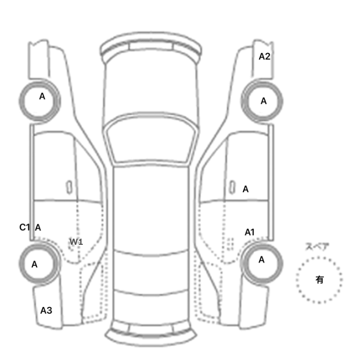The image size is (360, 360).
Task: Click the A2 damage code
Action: point(264,57)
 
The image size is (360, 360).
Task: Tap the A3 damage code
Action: point(46,311)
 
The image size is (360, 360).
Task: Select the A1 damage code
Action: point(249,232)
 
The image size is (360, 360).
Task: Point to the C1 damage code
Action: point(25,227)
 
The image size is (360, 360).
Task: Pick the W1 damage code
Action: point(76,242)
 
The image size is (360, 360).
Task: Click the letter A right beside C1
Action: point(38,227)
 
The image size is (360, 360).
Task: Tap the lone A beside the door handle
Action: point(245,189)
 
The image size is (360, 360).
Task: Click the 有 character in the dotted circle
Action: point(319,280)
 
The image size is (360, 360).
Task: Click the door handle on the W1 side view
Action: point(69,187)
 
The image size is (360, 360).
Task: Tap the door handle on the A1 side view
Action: point(232,187)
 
